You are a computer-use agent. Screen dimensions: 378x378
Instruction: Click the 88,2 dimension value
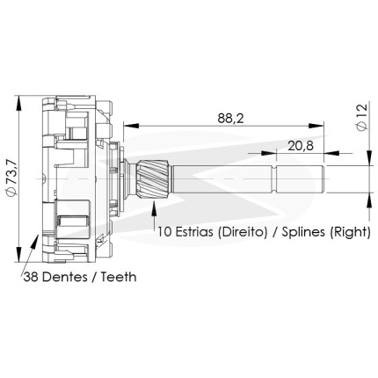coord(230,118)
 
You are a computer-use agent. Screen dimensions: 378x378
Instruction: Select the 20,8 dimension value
coord(301,146)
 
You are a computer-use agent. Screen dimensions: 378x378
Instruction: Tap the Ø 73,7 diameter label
coord(12,178)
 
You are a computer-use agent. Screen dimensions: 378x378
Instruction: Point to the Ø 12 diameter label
coord(362,118)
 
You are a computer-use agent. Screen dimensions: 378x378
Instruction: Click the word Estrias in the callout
coord(194,232)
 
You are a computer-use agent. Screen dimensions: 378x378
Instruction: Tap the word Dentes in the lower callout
coord(65,277)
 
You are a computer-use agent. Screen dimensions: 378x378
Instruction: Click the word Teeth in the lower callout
coord(119,277)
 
